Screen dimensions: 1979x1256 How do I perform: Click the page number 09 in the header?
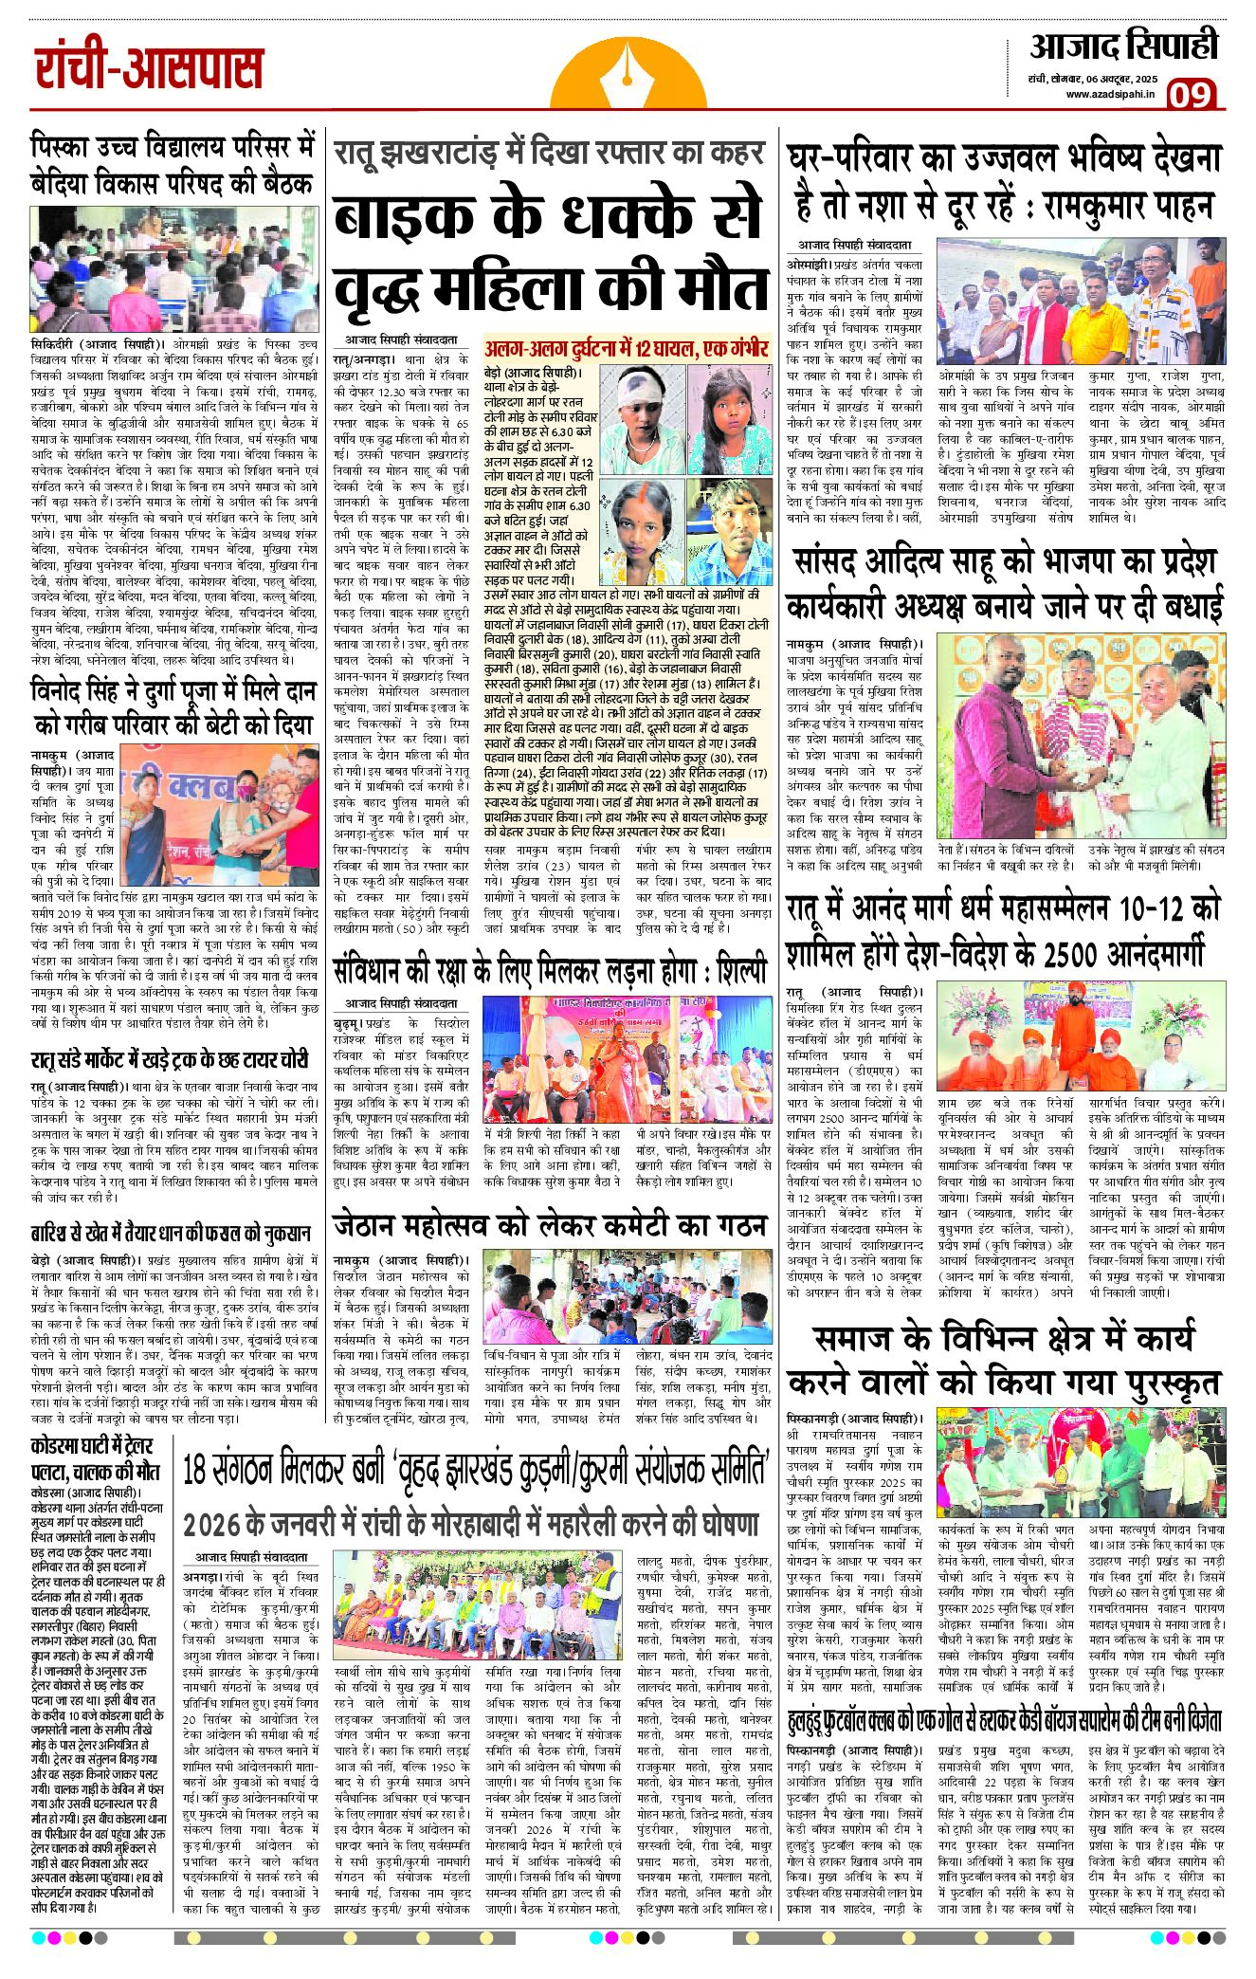pyautogui.click(x=1192, y=95)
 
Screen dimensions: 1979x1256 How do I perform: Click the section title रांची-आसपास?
pyautogui.click(x=149, y=69)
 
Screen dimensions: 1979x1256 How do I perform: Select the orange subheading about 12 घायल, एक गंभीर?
pyautogui.click(x=627, y=348)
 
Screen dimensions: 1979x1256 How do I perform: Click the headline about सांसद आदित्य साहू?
pyautogui.click(x=1004, y=583)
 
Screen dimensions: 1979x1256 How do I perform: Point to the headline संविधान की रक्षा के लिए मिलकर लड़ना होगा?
pyautogui.click(x=550, y=971)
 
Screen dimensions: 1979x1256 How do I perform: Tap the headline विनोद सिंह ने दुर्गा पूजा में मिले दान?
pyautogui.click(x=172, y=707)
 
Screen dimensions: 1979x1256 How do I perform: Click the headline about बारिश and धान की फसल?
pyautogui.click(x=170, y=1233)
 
